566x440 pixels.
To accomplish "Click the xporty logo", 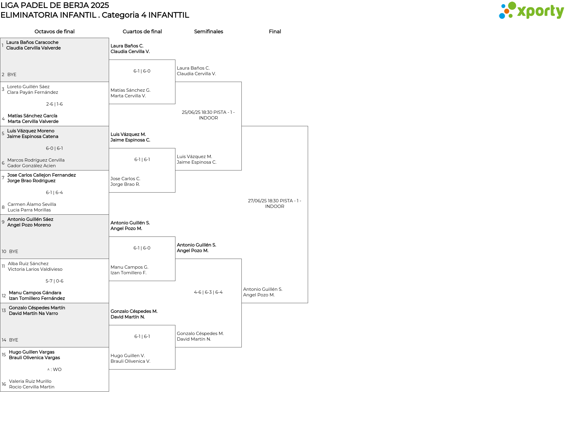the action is click(x=531, y=11).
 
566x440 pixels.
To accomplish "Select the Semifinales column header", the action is click(x=208, y=32).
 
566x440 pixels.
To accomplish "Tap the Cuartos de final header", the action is click(x=142, y=32).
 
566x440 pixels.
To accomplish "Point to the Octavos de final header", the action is click(x=55, y=32).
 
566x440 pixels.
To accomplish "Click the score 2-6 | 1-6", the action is click(x=55, y=104).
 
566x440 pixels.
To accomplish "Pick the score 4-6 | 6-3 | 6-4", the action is click(x=208, y=292).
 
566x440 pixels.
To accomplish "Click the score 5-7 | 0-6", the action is click(x=55, y=281).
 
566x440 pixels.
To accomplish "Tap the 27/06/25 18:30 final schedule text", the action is click(x=275, y=203).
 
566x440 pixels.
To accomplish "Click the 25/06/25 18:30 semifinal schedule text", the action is click(x=208, y=115).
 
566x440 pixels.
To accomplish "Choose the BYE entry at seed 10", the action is click(x=14, y=252).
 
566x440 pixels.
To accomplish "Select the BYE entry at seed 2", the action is click(x=12, y=75).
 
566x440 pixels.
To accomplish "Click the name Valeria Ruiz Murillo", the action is click(x=30, y=381).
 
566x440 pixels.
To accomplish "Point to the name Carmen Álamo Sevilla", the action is click(x=32, y=204).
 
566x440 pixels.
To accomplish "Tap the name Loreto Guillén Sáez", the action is click(x=28, y=87).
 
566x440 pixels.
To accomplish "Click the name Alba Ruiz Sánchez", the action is click(x=28, y=264).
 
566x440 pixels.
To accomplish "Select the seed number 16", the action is click(x=4, y=384).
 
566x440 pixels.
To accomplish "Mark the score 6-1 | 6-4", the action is click(x=55, y=193).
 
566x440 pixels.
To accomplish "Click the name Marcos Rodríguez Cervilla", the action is click(x=36, y=160).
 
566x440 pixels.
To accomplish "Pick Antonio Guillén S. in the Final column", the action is click(x=263, y=289).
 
